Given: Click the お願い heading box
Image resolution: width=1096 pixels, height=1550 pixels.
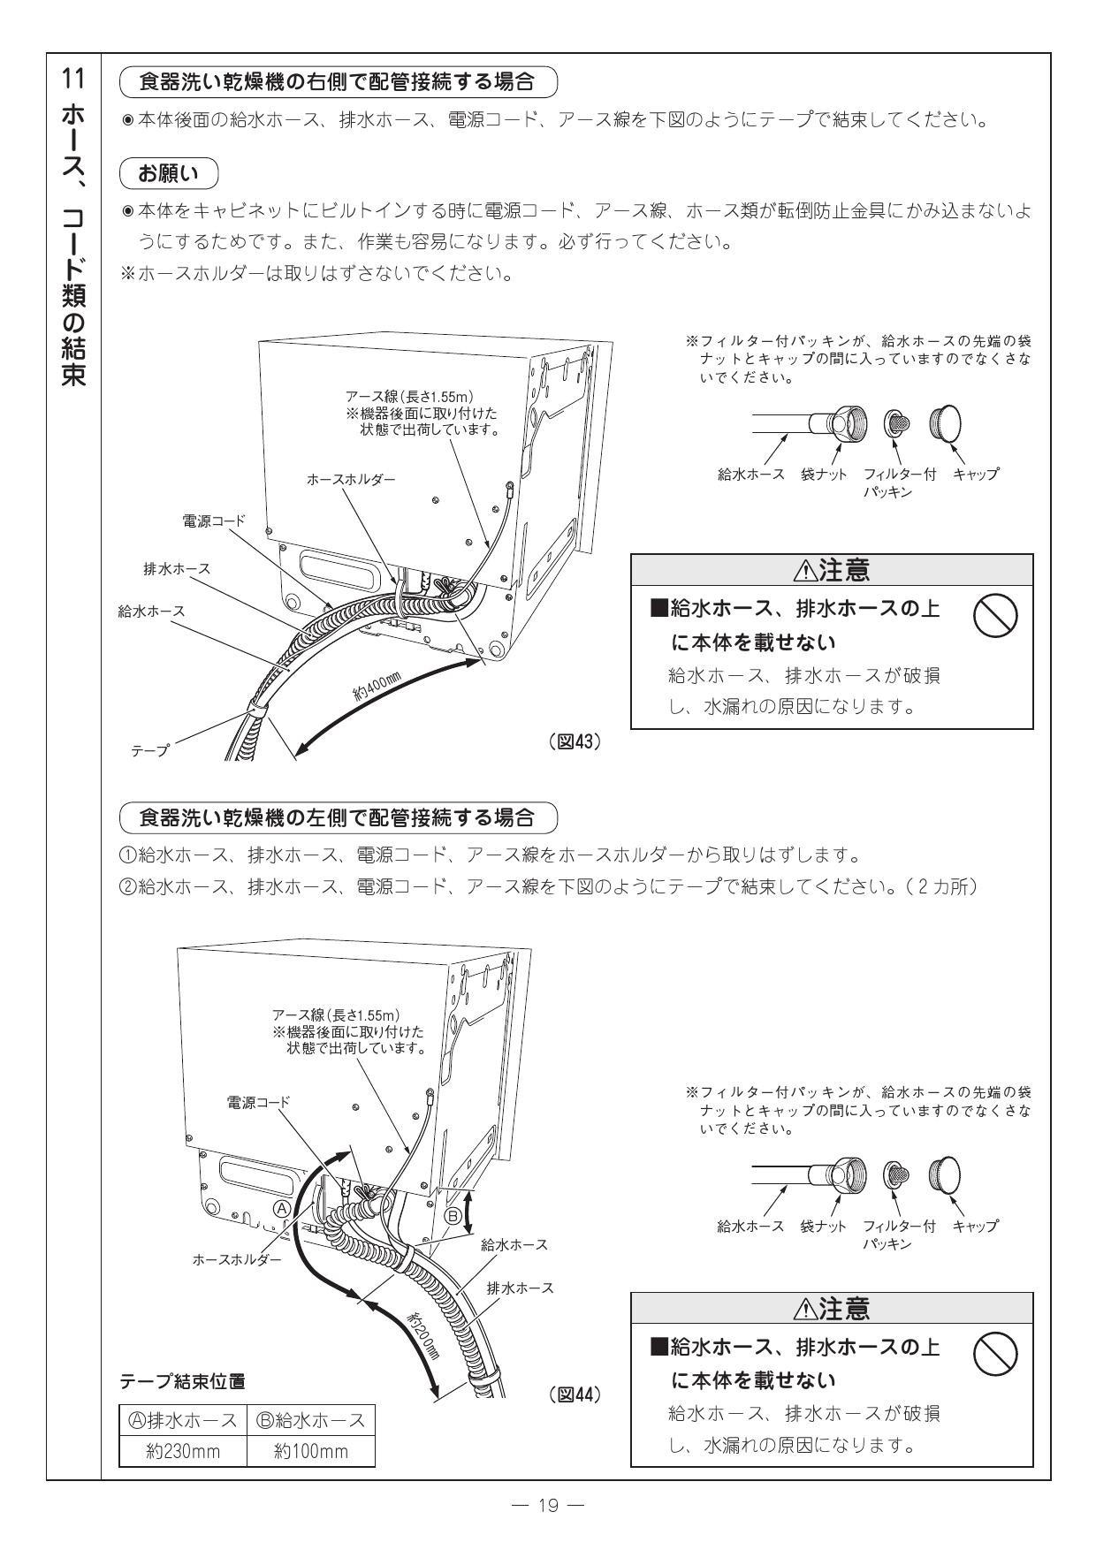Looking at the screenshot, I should coord(169,174).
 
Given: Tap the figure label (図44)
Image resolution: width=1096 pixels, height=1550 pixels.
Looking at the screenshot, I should coord(575,1394).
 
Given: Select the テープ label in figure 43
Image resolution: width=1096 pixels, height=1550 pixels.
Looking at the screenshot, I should coord(150,749).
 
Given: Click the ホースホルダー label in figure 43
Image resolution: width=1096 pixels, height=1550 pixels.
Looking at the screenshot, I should coord(351,479).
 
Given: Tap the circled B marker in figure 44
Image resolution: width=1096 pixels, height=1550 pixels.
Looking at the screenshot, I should coord(452,1216).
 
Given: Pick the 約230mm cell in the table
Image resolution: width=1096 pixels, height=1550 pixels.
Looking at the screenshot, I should coord(183,1451).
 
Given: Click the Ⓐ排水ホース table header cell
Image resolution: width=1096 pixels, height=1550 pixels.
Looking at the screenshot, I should coord(183,1420).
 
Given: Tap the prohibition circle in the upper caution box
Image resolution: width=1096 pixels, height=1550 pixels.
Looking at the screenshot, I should coord(995,615).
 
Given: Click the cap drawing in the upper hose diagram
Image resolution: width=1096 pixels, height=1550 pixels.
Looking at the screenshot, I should coord(948,425).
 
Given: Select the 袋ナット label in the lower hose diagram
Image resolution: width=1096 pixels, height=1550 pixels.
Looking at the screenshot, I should coord(823,1226).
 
